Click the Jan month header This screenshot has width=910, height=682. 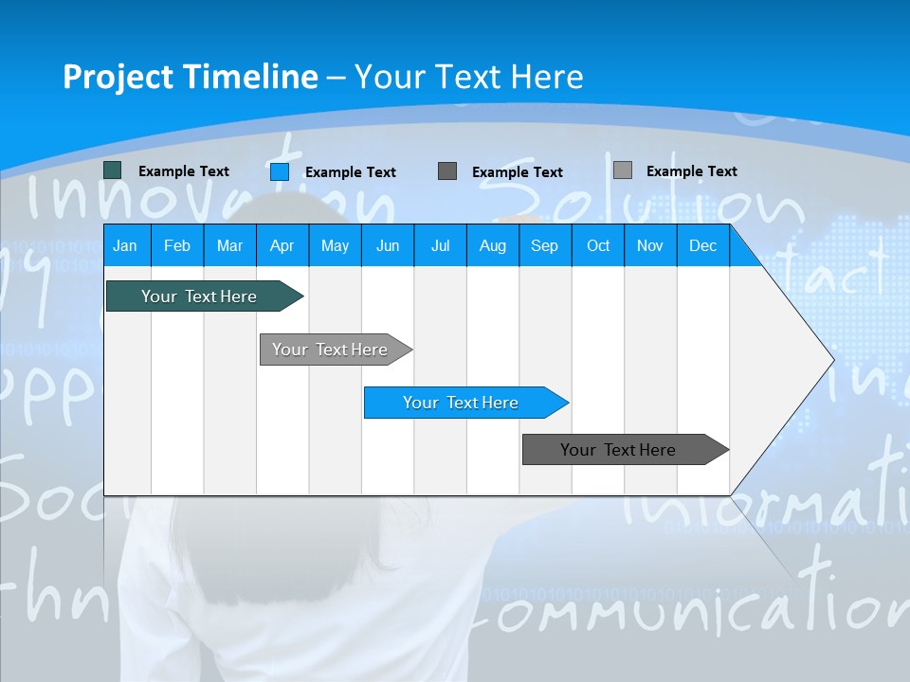point(125,245)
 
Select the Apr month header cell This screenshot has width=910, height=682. point(282,245)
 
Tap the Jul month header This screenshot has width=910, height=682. point(440,245)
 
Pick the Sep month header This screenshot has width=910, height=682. point(544,245)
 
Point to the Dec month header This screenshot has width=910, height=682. point(702,245)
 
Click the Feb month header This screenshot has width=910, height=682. point(177,245)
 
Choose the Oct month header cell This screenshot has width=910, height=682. point(598,245)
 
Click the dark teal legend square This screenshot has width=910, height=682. point(113,170)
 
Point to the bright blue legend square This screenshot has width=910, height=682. point(280,171)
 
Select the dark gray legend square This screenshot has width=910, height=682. point(447,171)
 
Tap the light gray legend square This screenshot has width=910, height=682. point(623,170)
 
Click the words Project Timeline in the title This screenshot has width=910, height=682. point(191,77)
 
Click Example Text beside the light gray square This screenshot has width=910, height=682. point(691,171)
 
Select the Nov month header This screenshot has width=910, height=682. point(650,245)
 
